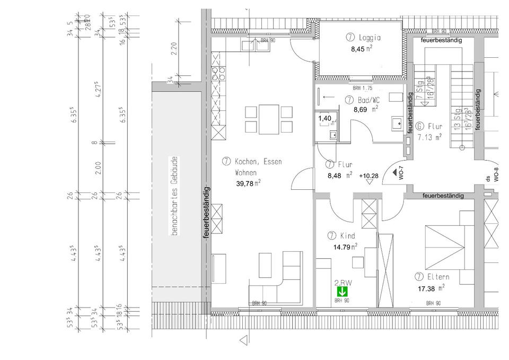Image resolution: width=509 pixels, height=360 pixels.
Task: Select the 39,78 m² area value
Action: (248, 183)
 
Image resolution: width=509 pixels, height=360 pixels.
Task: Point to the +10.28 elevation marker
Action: (369, 175)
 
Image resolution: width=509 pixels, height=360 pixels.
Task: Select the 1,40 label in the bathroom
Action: (324, 119)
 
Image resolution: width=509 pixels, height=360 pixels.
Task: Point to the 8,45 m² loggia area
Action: (362, 49)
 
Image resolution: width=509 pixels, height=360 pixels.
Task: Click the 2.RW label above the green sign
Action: (343, 283)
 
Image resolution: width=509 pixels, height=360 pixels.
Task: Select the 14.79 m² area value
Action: (345, 246)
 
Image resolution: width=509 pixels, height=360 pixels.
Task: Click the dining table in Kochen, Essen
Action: (269, 120)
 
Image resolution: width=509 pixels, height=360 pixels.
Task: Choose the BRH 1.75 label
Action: (363, 88)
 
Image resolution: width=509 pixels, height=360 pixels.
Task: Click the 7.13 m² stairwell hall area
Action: (429, 138)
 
